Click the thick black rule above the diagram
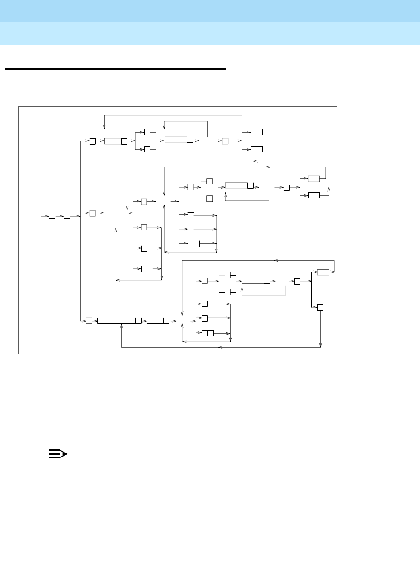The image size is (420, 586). pyautogui.click(x=115, y=69)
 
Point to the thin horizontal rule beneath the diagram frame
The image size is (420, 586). pyautogui.click(x=185, y=392)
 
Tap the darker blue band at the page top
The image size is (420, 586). pyautogui.click(x=210, y=11)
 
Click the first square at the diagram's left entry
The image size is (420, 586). pyautogui.click(x=52, y=216)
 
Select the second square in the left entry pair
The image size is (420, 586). pyautogui.click(x=67, y=216)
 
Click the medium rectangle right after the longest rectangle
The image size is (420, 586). pyautogui.click(x=158, y=321)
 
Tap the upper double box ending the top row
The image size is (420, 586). pyautogui.click(x=256, y=132)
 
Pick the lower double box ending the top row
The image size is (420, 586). pyautogui.click(x=256, y=149)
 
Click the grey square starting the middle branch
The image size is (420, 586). pyautogui.click(x=93, y=213)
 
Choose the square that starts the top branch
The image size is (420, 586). pyautogui.click(x=93, y=141)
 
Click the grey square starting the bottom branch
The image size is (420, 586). pyautogui.click(x=89, y=321)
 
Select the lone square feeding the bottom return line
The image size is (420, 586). pyautogui.click(x=320, y=307)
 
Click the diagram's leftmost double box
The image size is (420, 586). pyautogui.click(x=147, y=269)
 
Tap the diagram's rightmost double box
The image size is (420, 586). pyautogui.click(x=323, y=272)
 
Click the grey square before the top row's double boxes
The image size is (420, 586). pyautogui.click(x=225, y=141)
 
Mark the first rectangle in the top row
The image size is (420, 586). pyautogui.click(x=116, y=141)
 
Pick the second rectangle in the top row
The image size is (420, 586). pyautogui.click(x=179, y=140)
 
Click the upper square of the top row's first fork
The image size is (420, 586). pyautogui.click(x=147, y=132)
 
